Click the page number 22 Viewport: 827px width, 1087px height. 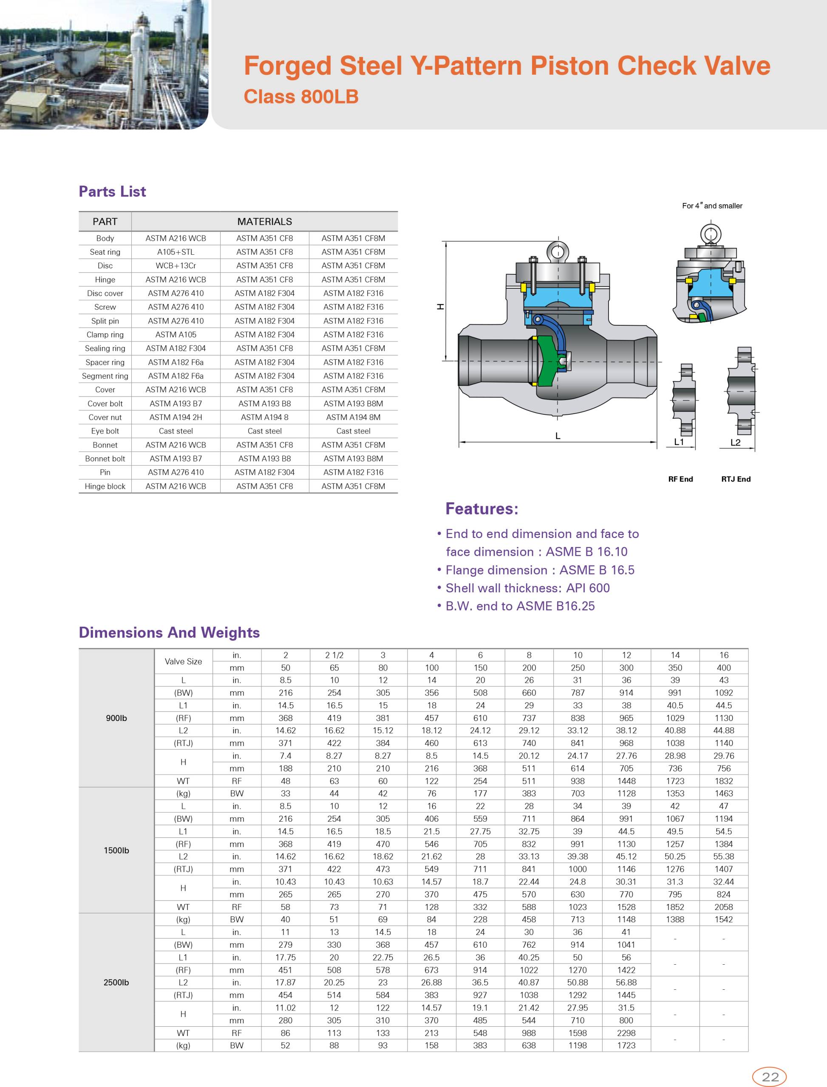click(x=770, y=1077)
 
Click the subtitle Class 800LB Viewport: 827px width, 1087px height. click(x=301, y=96)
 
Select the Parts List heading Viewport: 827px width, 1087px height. click(x=112, y=191)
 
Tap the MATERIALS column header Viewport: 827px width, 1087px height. click(x=264, y=222)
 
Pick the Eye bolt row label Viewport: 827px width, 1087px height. click(x=105, y=431)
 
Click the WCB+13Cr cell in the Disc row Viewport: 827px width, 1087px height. click(x=176, y=266)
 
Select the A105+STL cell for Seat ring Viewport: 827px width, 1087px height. click(x=176, y=252)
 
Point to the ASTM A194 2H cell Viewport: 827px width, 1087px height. click(x=176, y=417)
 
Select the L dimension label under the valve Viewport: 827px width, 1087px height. click(x=558, y=436)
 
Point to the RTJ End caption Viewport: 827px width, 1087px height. click(x=736, y=479)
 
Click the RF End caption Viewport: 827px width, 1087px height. click(x=680, y=479)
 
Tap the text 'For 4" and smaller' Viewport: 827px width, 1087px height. click(x=712, y=206)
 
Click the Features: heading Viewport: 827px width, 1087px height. click(x=481, y=509)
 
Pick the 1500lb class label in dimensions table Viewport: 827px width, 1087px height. click(x=116, y=850)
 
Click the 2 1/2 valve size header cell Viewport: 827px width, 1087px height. click(x=334, y=655)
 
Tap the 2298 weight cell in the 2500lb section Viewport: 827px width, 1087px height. click(x=626, y=1033)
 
